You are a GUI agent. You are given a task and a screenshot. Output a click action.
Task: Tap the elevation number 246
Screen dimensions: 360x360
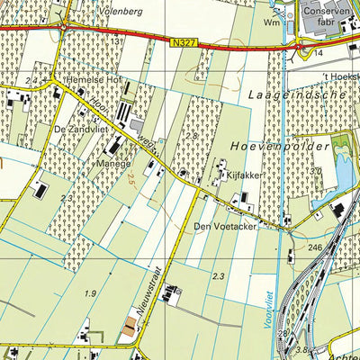tap(314, 247)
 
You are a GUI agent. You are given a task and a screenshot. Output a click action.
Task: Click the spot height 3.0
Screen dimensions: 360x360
tap(315, 170)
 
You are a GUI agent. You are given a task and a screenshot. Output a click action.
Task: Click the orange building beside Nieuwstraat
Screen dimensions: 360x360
tap(129, 331)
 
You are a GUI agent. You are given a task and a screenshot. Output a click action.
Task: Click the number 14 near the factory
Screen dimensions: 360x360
tap(319, 54)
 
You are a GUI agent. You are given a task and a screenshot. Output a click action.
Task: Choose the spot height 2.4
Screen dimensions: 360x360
tap(31, 81)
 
